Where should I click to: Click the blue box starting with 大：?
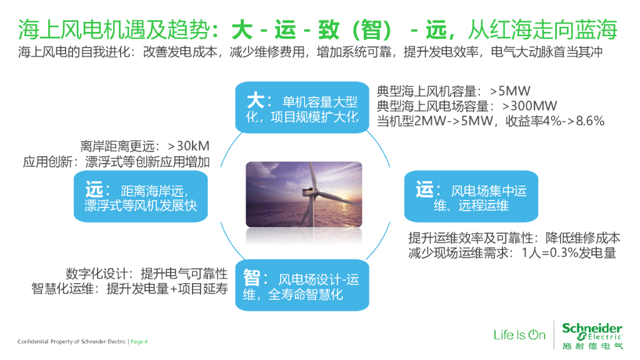(302, 107)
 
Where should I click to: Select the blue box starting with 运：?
(471, 196)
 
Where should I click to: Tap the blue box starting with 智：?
(302, 285)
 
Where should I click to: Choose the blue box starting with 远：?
(141, 196)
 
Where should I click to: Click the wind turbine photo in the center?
(304, 194)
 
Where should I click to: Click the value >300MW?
(529, 106)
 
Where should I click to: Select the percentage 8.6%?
(590, 121)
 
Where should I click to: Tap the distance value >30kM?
(189, 146)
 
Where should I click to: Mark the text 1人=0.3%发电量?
(569, 253)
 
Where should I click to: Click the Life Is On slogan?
(519, 335)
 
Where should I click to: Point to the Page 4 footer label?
(139, 342)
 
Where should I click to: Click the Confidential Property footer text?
(71, 342)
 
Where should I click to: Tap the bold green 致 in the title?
(329, 30)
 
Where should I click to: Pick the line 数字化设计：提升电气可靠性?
(146, 274)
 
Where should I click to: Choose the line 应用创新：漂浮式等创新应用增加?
(116, 162)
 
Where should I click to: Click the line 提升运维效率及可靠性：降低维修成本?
(514, 238)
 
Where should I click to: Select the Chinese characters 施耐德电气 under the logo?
(592, 346)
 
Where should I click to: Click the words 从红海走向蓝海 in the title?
(542, 30)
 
